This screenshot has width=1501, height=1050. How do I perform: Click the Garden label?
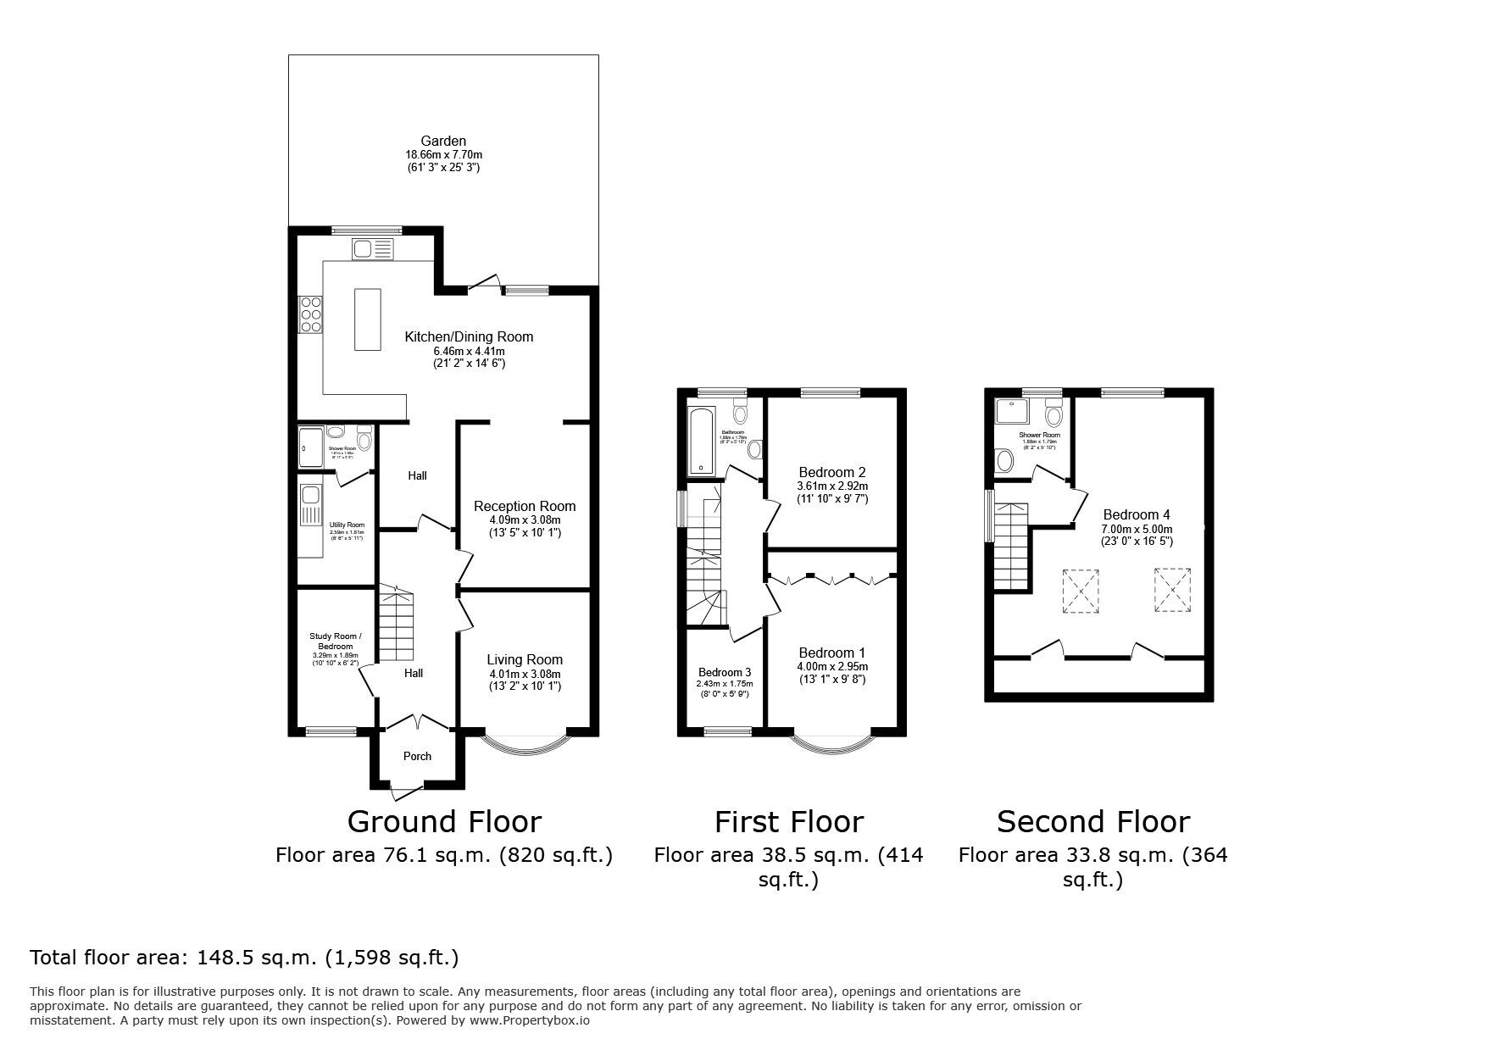(x=443, y=141)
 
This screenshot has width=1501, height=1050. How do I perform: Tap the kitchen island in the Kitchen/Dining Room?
(x=368, y=319)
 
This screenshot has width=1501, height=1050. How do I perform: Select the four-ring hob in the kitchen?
(x=309, y=314)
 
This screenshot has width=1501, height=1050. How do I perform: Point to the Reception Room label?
(x=525, y=506)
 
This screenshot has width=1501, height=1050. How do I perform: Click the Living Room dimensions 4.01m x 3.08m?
(x=525, y=674)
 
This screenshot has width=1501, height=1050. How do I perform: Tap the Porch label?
(x=417, y=756)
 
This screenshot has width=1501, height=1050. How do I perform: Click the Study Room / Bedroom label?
(x=336, y=642)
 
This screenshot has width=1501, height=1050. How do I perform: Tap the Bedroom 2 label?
(x=832, y=472)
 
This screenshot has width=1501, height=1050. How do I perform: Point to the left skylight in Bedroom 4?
(x=1080, y=591)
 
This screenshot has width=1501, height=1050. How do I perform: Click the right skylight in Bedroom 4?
(x=1173, y=589)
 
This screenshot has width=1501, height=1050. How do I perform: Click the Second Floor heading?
(x=1092, y=821)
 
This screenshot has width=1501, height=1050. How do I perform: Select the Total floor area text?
(x=244, y=958)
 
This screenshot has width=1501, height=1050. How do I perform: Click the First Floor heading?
(x=788, y=821)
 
